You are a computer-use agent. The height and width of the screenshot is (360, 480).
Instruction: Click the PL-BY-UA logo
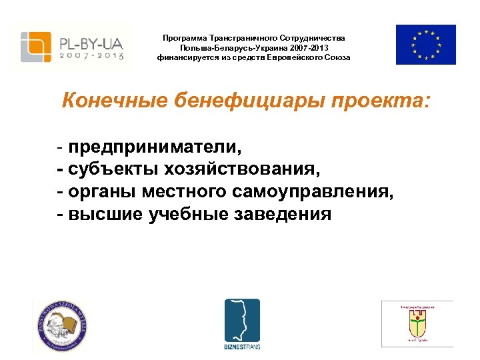(x=72, y=46)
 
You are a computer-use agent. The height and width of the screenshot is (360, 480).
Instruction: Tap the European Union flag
(x=425, y=45)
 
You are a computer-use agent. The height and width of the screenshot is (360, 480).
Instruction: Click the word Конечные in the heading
(x=113, y=101)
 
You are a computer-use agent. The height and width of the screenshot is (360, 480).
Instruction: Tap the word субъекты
(x=111, y=169)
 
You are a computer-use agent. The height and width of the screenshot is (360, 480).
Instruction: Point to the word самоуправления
(x=313, y=191)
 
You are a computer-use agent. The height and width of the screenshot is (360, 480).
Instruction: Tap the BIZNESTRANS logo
(x=241, y=323)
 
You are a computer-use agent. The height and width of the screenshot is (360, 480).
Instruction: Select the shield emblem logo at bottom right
(x=417, y=324)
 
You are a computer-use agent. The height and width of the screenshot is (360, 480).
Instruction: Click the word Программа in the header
(x=185, y=39)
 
